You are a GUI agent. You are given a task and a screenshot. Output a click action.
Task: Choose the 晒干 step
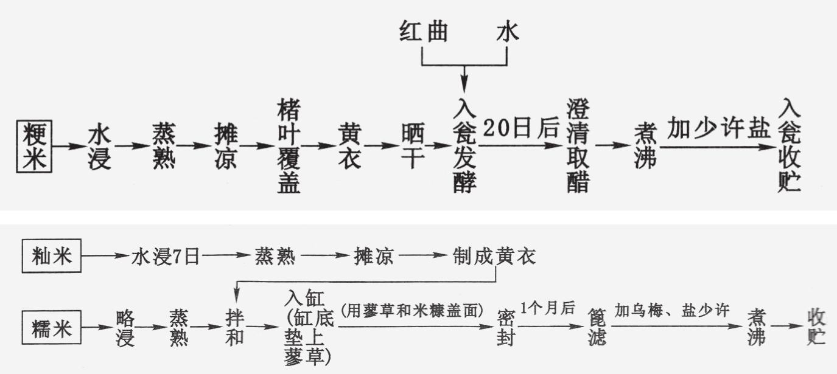pyautogui.click(x=412, y=147)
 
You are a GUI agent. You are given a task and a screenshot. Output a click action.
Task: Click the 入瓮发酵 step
pyautogui.click(x=464, y=147)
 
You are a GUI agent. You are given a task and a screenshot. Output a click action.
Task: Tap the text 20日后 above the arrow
pyautogui.click(x=522, y=128)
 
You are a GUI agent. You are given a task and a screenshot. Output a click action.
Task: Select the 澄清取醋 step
pyautogui.click(x=578, y=147)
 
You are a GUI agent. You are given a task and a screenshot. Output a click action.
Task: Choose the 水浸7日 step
pyautogui.click(x=165, y=257)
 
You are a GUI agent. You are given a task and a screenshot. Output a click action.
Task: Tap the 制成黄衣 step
pyautogui.click(x=494, y=257)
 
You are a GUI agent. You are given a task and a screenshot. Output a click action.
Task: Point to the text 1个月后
pyautogui.click(x=547, y=308)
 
